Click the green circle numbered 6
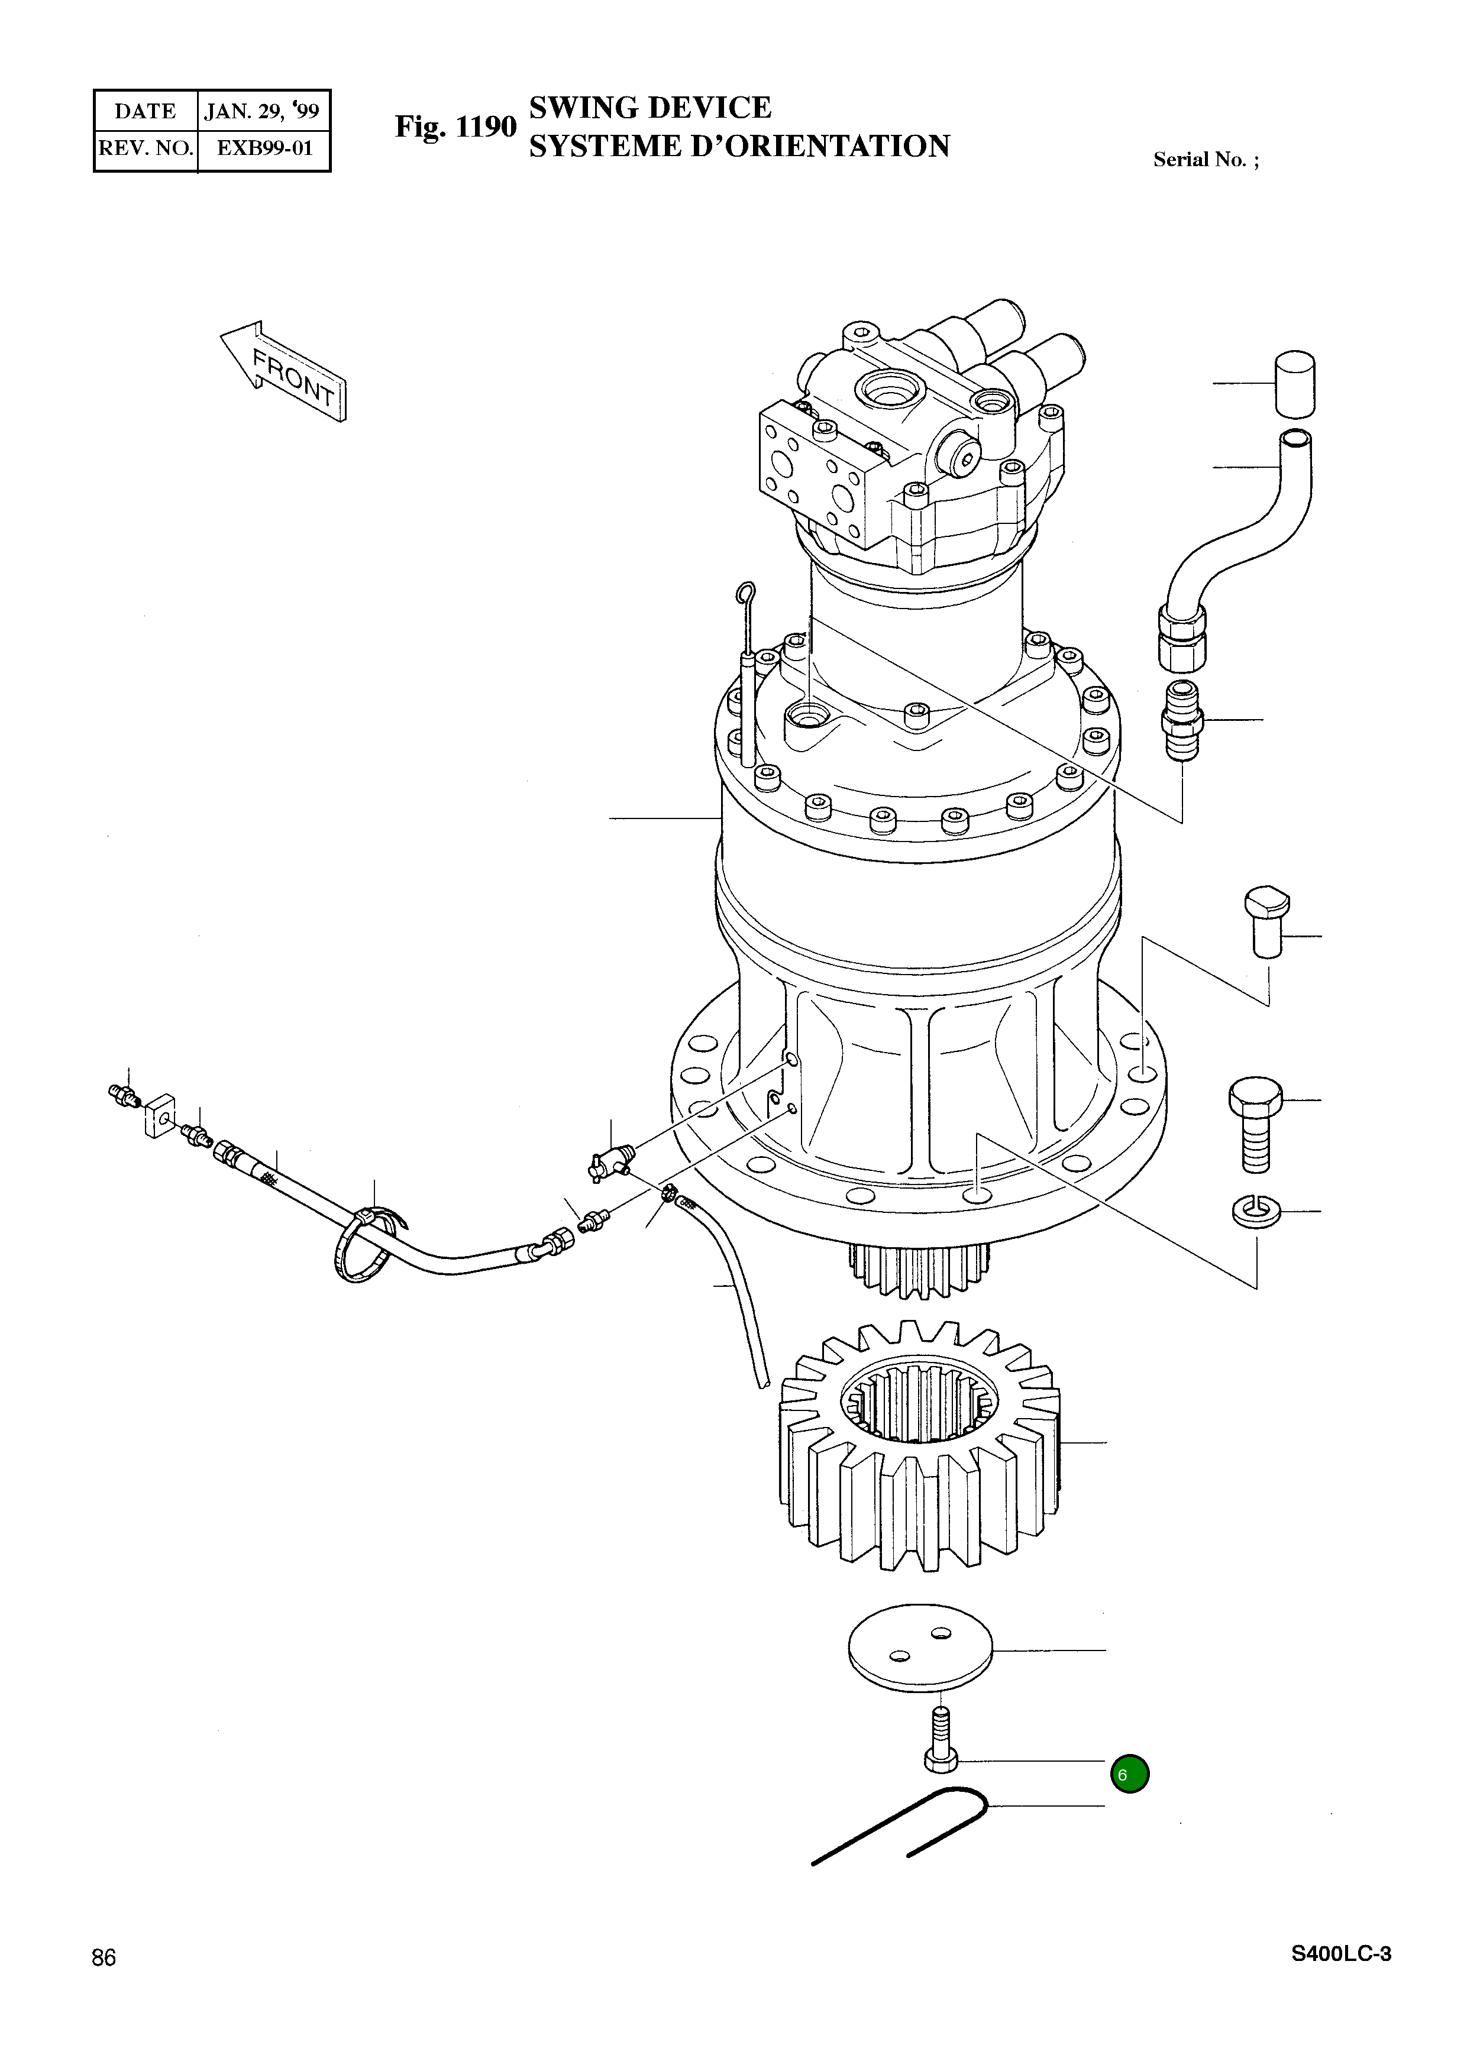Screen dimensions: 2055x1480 point(1129,1774)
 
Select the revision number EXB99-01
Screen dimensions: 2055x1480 point(264,148)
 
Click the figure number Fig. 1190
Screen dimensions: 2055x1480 point(455,127)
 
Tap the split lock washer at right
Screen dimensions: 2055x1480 point(1257,1211)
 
